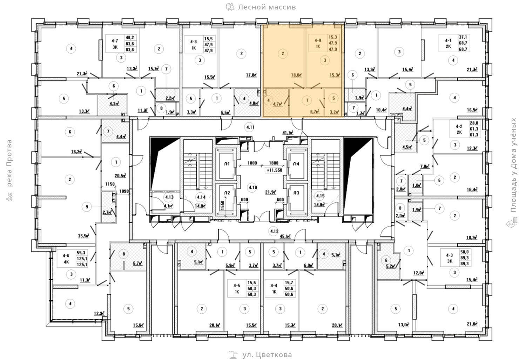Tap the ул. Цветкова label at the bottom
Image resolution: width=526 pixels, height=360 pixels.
[267, 355]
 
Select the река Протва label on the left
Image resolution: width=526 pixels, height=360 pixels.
[9, 163]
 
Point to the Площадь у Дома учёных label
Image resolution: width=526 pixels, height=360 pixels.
[514, 165]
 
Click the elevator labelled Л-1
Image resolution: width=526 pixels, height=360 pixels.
[227, 164]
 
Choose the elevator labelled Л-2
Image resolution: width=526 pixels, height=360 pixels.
[227, 193]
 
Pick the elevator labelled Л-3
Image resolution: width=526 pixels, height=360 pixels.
[296, 193]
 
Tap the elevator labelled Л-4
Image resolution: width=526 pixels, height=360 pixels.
[296, 164]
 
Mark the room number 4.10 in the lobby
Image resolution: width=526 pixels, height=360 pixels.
[252, 187]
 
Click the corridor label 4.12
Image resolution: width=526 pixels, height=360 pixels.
[274, 231]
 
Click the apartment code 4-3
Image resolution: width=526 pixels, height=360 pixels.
[450, 256]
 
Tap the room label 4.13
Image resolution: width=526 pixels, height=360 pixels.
[170, 197]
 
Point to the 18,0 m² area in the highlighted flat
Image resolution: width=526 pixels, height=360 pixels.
[296, 75]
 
